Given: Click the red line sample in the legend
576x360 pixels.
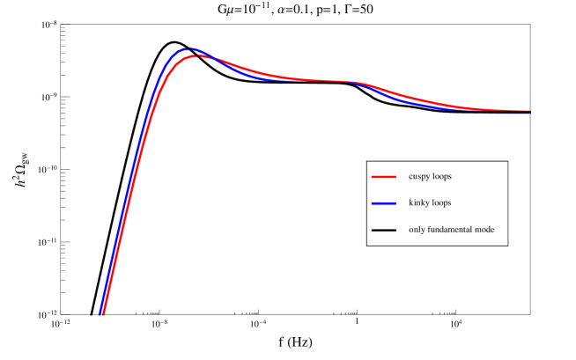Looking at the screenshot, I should point(383,177).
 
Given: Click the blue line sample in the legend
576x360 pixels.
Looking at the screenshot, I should point(383,203).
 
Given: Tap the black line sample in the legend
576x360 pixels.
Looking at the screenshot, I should point(383,230).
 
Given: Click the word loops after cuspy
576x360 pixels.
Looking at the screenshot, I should point(442,177).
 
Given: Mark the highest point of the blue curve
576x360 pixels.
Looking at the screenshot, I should point(188,48).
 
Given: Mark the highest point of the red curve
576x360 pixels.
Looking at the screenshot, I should point(197,55).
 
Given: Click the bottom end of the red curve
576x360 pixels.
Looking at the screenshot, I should point(102,314).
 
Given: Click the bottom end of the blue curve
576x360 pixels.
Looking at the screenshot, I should point(100,314).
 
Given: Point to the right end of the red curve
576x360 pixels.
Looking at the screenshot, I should point(529,111).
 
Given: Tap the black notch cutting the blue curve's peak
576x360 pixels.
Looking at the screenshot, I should point(188,48).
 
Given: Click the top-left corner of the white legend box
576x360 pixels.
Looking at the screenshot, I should point(367,161).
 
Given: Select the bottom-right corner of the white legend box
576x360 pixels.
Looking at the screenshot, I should point(507,245).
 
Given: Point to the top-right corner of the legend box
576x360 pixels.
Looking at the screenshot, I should point(507,161).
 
